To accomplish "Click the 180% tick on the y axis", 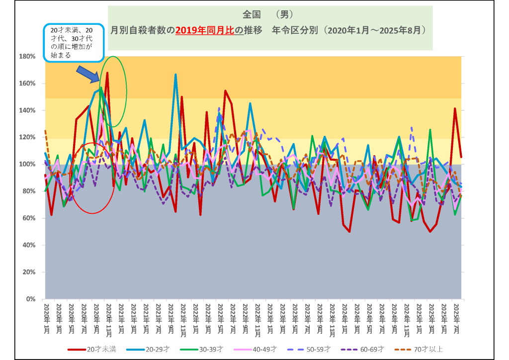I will pyautogui.click(x=27, y=56).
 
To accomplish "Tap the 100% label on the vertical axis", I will pyautogui.click(x=27, y=164).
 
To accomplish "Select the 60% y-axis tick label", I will pyautogui.click(x=28, y=218).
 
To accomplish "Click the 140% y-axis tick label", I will pyautogui.click(x=27, y=110).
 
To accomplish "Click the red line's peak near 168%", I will pyautogui.click(x=107, y=73).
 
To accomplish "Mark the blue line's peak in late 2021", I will pyautogui.click(x=175, y=75).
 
